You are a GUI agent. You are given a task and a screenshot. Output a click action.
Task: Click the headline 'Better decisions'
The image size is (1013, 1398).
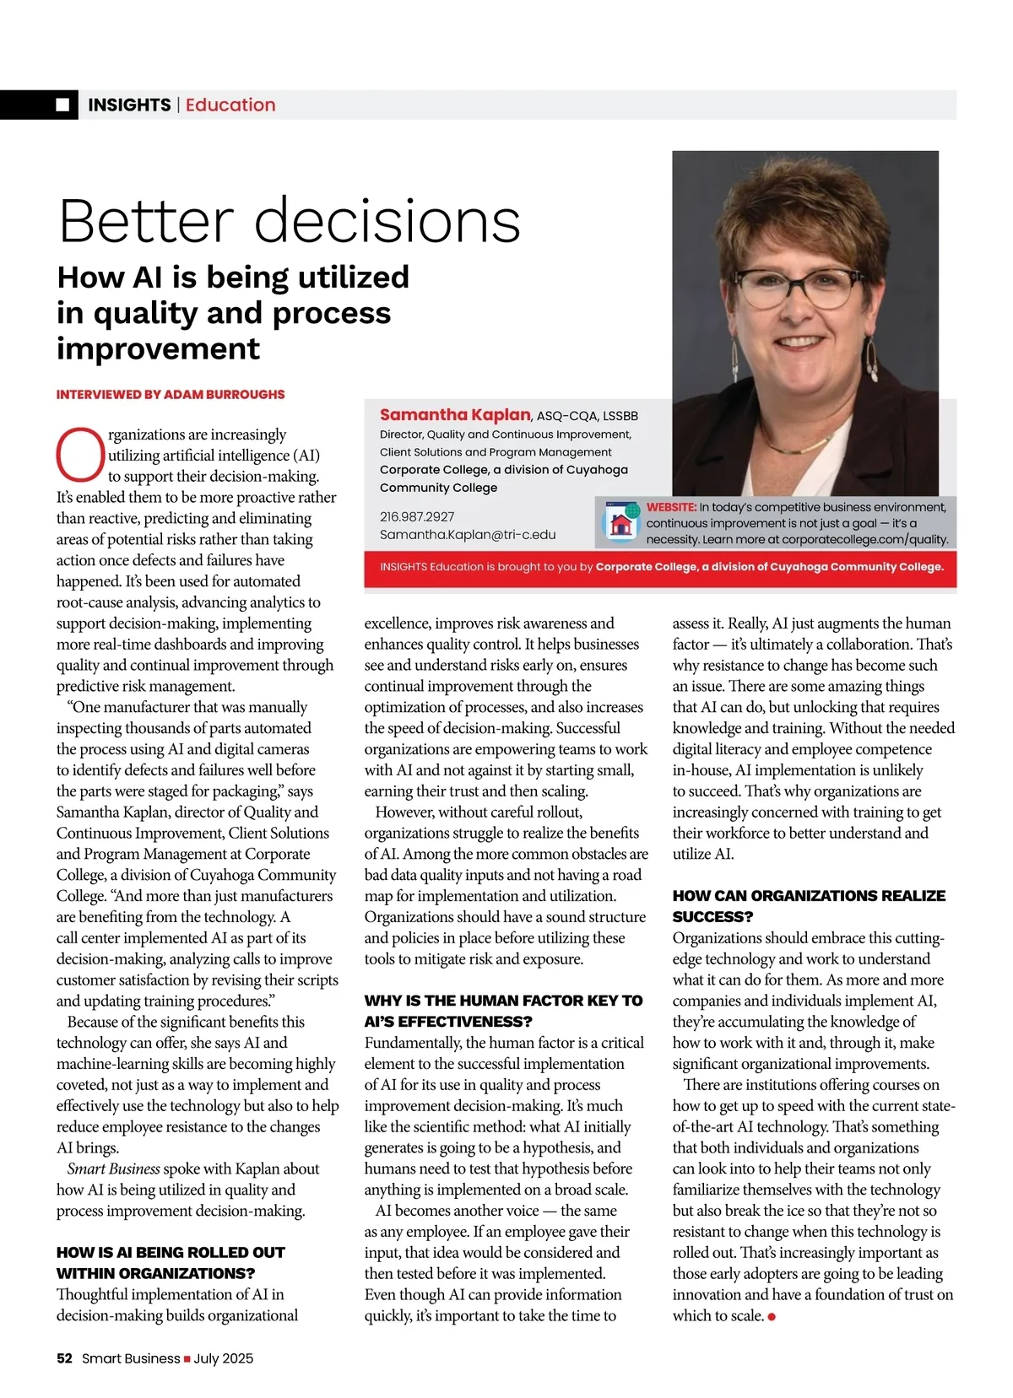tap(290, 221)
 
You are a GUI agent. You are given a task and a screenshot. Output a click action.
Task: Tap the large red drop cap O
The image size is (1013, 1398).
tap(80, 455)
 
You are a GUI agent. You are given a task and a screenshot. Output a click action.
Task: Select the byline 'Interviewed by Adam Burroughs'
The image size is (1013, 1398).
tap(171, 394)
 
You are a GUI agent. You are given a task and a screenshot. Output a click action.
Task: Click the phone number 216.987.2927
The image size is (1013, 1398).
tap(417, 516)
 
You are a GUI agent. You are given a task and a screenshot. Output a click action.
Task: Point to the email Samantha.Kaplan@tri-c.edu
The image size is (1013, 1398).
tap(468, 534)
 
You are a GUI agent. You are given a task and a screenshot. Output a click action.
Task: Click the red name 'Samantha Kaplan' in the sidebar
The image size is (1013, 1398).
tap(454, 414)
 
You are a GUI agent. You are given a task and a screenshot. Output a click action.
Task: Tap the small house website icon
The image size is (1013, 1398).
tap(620, 523)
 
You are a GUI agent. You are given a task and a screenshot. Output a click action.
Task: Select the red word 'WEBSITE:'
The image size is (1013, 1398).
tap(672, 507)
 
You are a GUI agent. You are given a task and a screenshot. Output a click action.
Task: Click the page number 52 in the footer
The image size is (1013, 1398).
tap(64, 1358)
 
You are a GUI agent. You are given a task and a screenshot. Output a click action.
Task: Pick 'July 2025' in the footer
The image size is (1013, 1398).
tap(224, 1358)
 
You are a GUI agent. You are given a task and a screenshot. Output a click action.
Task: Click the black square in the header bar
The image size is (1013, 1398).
tap(63, 105)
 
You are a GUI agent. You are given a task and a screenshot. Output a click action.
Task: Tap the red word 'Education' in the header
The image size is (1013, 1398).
tap(230, 105)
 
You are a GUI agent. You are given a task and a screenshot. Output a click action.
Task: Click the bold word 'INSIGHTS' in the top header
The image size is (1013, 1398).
tap(129, 105)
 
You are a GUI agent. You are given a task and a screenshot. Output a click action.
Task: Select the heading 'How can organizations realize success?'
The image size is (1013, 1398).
tap(809, 905)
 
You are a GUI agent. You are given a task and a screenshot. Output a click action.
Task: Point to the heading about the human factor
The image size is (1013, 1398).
tap(503, 1011)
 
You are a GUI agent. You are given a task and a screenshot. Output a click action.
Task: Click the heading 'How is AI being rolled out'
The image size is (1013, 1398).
tap(171, 1262)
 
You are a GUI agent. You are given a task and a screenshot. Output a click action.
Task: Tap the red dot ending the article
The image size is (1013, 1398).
tap(772, 1316)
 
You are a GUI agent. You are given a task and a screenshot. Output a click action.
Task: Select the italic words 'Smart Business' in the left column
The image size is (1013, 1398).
tap(113, 1169)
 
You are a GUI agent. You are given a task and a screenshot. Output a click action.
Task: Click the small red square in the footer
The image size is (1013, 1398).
tap(187, 1358)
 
